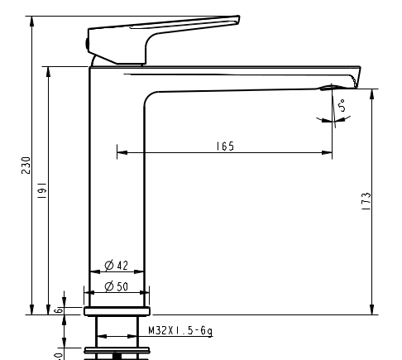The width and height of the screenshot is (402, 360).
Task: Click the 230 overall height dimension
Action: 26,166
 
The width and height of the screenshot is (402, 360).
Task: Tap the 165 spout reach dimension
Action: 224,146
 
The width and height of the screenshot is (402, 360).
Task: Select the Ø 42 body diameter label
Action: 116,266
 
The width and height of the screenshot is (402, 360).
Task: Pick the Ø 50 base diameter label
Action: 116,287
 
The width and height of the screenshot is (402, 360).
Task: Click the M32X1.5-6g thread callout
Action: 180,330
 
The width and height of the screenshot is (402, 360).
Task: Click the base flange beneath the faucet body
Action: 117,311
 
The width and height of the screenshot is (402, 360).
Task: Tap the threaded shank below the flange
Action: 117,331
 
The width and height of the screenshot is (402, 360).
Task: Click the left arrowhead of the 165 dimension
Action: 121,152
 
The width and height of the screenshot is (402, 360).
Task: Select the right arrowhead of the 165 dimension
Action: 328,152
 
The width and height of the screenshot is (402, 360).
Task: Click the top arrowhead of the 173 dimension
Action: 372,93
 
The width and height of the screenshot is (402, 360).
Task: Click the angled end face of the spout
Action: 357,77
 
